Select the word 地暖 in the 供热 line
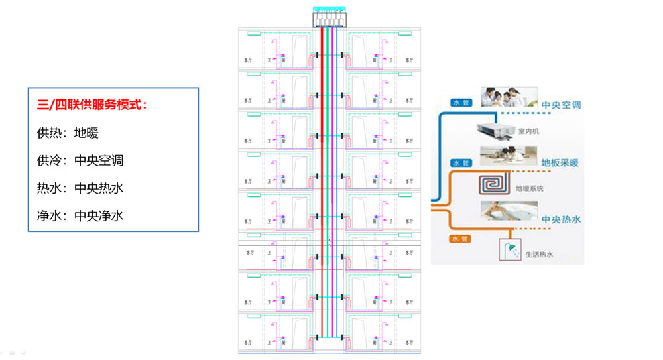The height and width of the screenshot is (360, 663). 87,133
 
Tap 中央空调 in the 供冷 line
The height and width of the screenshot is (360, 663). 99,160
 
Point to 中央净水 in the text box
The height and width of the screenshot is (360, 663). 99,215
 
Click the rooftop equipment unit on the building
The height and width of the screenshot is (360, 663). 329,18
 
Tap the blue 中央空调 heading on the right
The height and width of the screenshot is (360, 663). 561,105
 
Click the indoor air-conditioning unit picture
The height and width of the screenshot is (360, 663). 493,131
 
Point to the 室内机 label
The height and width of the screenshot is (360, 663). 528,131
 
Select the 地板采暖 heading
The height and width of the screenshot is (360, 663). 561,162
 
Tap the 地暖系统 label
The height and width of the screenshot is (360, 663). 530,188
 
